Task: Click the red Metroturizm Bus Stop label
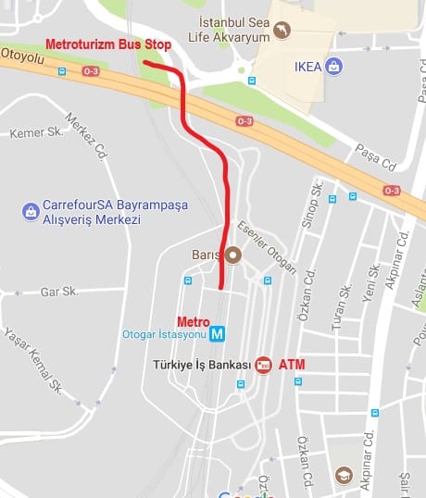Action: (107, 44)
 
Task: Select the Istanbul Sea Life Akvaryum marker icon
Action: (282, 31)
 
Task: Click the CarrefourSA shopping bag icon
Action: (31, 211)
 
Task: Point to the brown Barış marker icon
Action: (233, 255)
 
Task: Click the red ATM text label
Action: (292, 365)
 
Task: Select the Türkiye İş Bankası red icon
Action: (262, 366)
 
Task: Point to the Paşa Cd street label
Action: (376, 158)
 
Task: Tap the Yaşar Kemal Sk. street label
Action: (32, 361)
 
